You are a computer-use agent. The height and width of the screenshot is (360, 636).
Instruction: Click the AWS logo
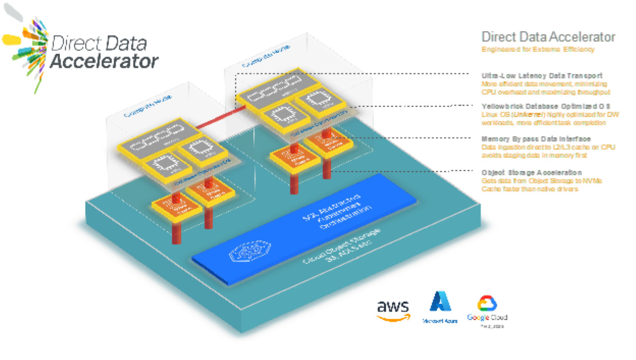tap(393, 310)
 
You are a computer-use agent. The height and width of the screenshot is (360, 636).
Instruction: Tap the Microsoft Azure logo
tap(440, 307)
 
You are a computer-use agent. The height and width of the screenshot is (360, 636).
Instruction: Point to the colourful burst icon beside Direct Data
tap(26, 45)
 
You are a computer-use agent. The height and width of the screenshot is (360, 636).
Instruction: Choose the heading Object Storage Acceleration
tap(531, 173)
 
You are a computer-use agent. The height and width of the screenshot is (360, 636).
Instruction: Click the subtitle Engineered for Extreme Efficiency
tap(537, 50)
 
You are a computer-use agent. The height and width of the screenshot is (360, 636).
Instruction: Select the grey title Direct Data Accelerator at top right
tap(548, 37)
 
